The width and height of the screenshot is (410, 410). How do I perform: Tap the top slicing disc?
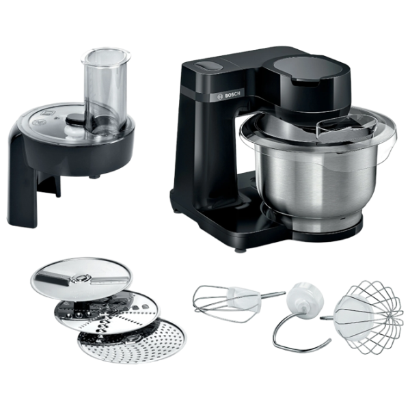point(81,278)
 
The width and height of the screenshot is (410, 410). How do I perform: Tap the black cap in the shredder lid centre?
point(76,119)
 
